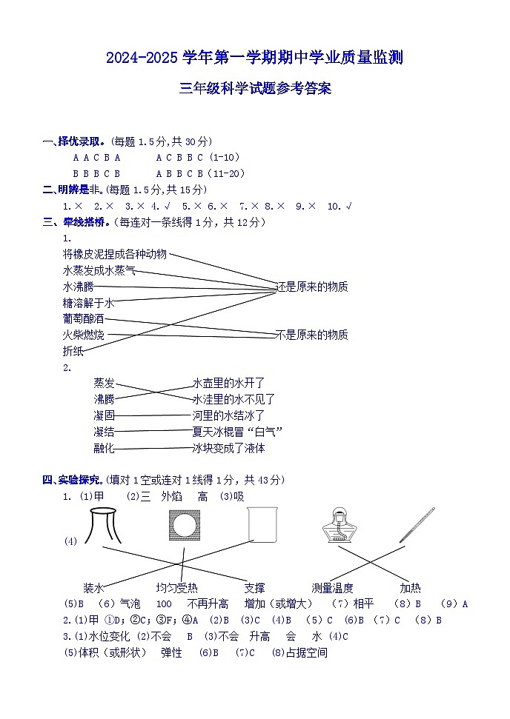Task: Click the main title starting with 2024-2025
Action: pyautogui.click(x=254, y=57)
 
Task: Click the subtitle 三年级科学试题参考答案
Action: pyautogui.click(x=254, y=90)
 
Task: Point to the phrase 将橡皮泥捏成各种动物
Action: pyautogui.click(x=115, y=254)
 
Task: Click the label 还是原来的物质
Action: pyautogui.click(x=311, y=287)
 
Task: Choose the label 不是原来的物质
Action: pyautogui.click(x=311, y=335)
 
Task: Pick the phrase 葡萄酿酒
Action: pyautogui.click(x=84, y=318)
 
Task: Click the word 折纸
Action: pyautogui.click(x=73, y=351)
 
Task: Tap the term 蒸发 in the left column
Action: pyautogui.click(x=104, y=383)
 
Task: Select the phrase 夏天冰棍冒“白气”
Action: pyautogui.click(x=237, y=432)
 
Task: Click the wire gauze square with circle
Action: pyautogui.click(x=182, y=527)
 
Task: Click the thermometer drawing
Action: pyautogui.click(x=415, y=524)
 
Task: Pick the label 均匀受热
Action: pyautogui.click(x=176, y=588)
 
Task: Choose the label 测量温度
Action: pyautogui.click(x=332, y=588)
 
